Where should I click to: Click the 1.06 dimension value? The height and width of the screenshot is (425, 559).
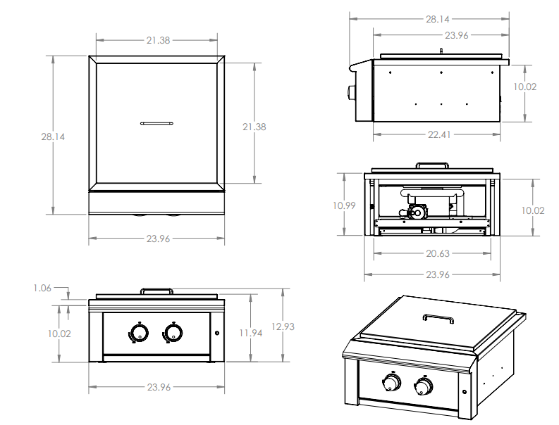click(43, 287)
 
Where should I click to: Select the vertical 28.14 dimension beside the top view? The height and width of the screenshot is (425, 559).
click(53, 137)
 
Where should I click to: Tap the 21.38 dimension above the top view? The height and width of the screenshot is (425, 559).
click(158, 40)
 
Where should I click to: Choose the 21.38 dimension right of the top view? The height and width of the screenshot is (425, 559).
click(254, 127)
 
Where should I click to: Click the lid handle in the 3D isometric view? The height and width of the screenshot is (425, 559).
click(438, 319)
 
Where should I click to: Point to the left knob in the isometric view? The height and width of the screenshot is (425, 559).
click(391, 383)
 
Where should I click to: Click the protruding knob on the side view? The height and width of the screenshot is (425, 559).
click(350, 93)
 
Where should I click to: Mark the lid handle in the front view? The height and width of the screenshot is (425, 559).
click(156, 291)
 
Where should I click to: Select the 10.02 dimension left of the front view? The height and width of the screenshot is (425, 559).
click(60, 333)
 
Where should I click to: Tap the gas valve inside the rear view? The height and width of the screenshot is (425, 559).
click(416, 212)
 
